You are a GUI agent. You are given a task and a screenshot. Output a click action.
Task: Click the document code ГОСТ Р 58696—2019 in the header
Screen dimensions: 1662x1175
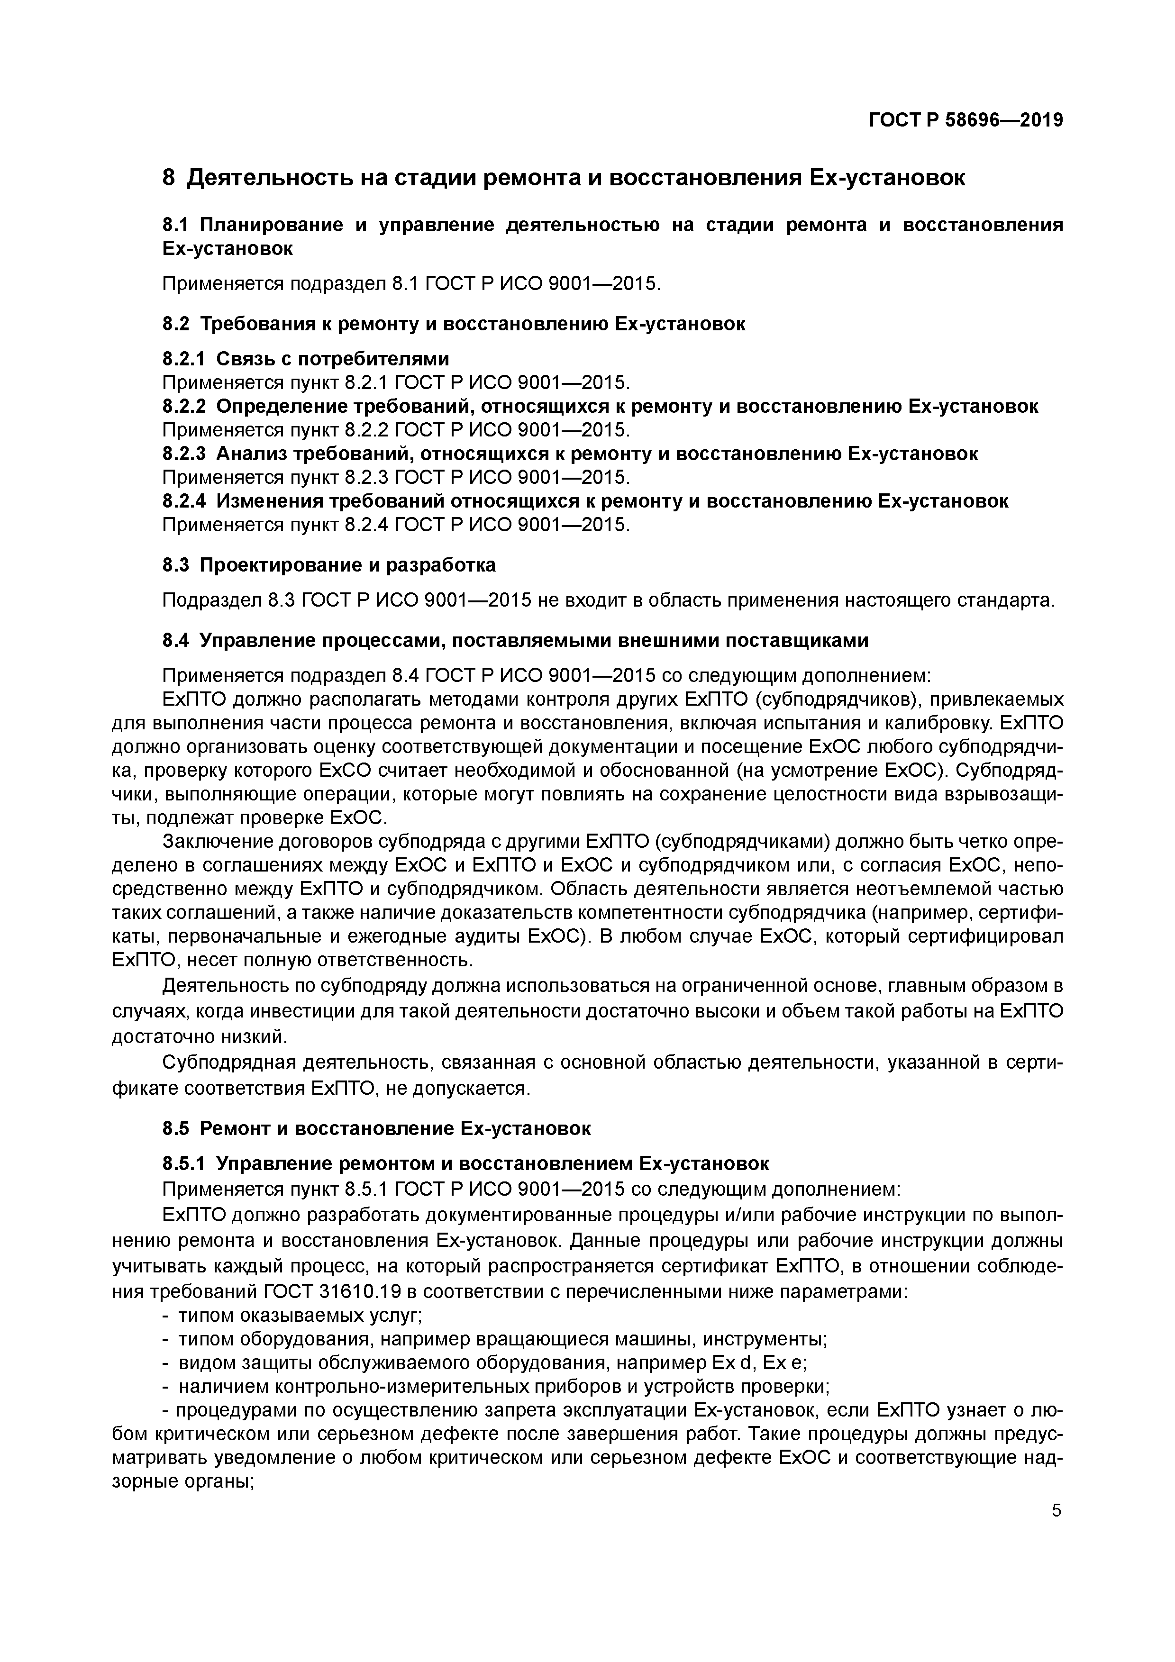pos(965,120)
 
